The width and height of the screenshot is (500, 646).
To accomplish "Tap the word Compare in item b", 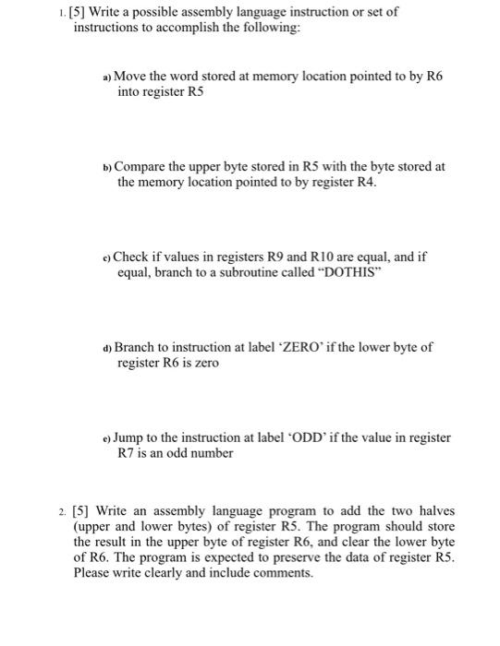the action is point(147,166).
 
